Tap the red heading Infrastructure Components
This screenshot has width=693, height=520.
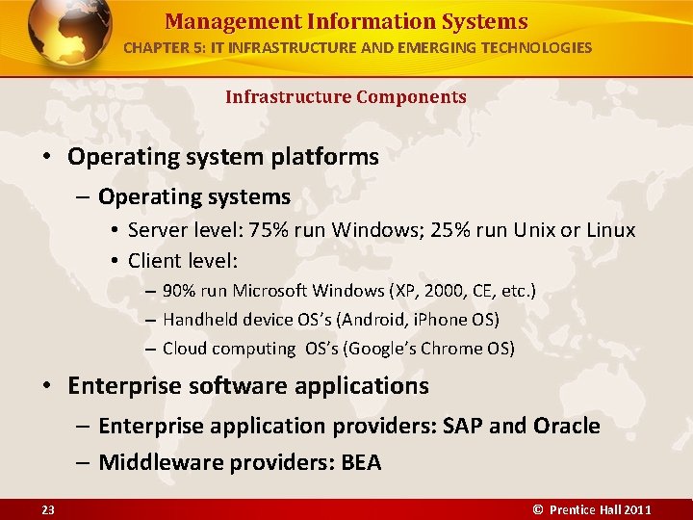click(x=346, y=97)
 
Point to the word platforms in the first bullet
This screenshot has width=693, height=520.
click(x=321, y=157)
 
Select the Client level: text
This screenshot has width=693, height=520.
click(x=182, y=261)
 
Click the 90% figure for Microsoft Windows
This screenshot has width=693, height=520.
click(x=178, y=291)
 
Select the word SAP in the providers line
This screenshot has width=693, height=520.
click(x=463, y=426)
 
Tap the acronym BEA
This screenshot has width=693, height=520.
click(x=361, y=463)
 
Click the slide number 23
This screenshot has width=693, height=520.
click(x=48, y=509)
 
